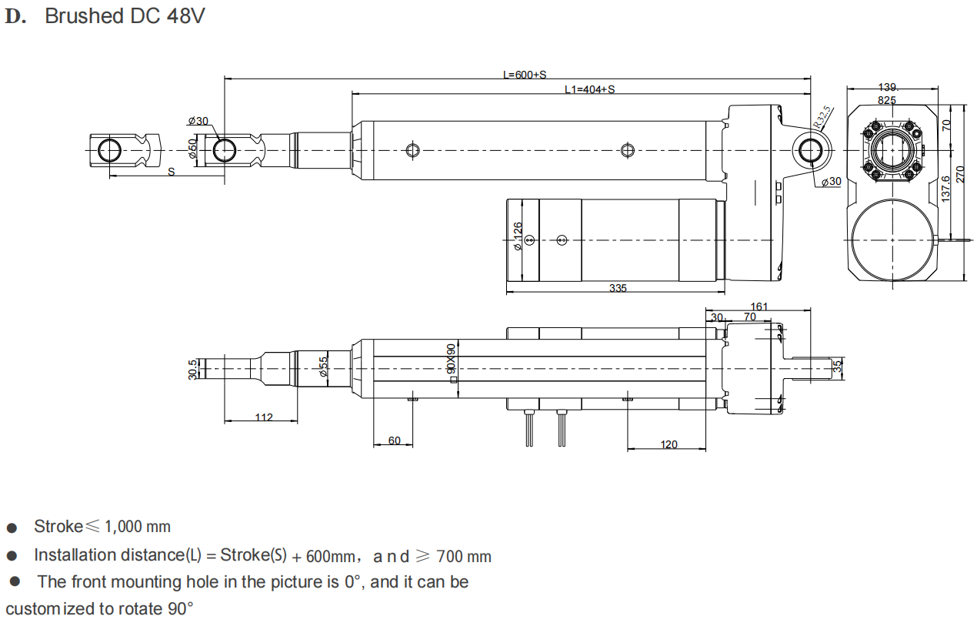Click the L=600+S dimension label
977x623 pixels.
pyautogui.click(x=524, y=75)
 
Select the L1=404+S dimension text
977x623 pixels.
pyautogui.click(x=590, y=89)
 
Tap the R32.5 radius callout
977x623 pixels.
pyautogui.click(x=823, y=118)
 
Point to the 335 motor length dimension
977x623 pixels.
pyautogui.click(x=618, y=288)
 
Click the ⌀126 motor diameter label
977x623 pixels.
pyautogui.click(x=518, y=236)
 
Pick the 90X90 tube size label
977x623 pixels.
pyautogui.click(x=451, y=358)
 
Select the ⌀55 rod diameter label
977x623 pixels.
pyautogui.click(x=323, y=367)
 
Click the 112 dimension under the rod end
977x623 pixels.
pyautogui.click(x=263, y=417)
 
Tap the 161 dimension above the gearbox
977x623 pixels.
pyautogui.click(x=759, y=306)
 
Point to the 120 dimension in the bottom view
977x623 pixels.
pyautogui.click(x=669, y=444)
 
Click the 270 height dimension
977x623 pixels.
pyautogui.click(x=960, y=175)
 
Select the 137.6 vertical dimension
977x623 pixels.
pyautogui.click(x=945, y=189)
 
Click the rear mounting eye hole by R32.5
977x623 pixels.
pyautogui.click(x=810, y=150)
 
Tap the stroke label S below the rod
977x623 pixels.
pyautogui.click(x=171, y=172)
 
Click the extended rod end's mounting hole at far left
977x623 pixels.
pyautogui.click(x=109, y=150)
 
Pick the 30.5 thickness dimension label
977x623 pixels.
pyautogui.click(x=192, y=370)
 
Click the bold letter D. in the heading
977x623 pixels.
pyautogui.click(x=15, y=17)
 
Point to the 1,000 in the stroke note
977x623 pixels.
pyautogui.click(x=123, y=527)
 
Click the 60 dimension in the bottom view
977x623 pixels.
pyautogui.click(x=394, y=440)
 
